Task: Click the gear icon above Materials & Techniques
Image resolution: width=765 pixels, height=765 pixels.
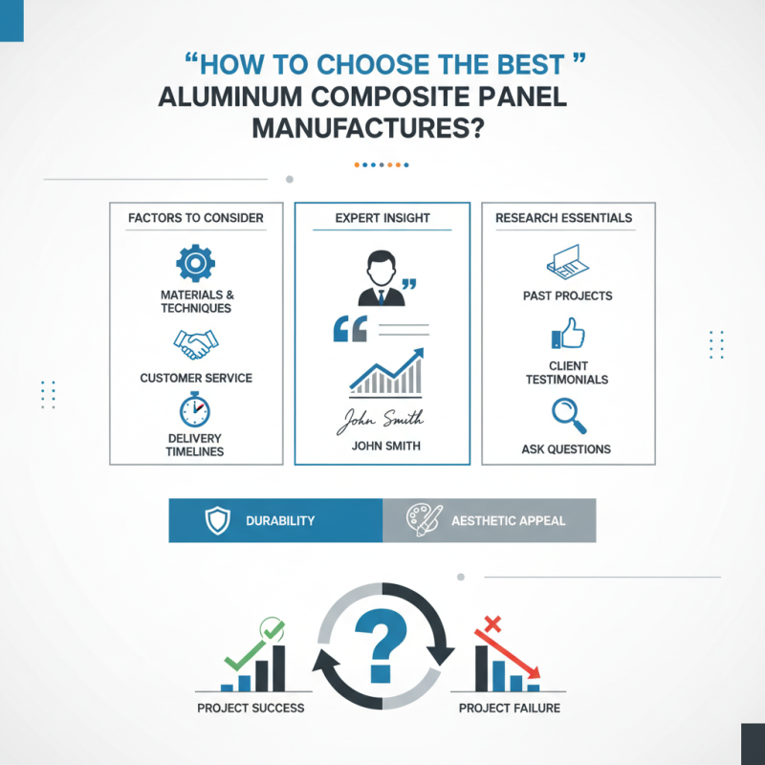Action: (196, 262)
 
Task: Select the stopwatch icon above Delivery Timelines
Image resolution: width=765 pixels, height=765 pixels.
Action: (196, 408)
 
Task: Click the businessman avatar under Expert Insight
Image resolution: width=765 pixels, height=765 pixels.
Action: (381, 278)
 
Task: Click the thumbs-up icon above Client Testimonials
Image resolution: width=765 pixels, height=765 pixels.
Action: (568, 334)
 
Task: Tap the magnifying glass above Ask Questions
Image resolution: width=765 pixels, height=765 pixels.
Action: (567, 414)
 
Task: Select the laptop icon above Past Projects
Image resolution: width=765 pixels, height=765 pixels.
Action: (567, 261)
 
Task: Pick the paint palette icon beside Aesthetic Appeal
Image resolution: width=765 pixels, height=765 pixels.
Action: (423, 521)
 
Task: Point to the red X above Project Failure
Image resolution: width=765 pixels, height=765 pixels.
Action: (493, 626)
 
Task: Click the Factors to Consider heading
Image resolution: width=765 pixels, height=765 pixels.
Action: (196, 218)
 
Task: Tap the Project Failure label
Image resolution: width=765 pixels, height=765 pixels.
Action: (510, 709)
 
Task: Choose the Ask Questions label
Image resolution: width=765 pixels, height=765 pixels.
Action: (566, 448)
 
